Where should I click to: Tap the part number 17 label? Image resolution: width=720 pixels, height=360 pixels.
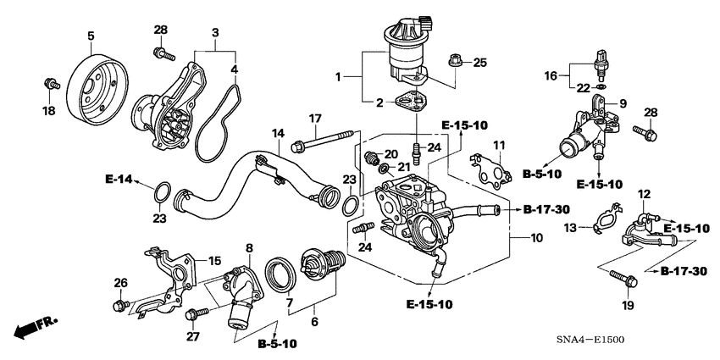click(315, 118)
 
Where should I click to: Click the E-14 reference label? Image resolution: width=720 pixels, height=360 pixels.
click(119, 180)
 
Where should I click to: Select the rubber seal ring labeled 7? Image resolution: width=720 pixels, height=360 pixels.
click(280, 272)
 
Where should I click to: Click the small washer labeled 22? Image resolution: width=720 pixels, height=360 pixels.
click(601, 87)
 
